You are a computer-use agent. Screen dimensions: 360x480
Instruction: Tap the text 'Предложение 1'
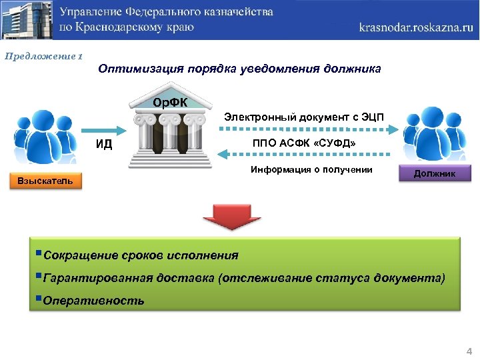(43, 57)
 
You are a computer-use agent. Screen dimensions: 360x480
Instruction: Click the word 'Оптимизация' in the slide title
(137, 69)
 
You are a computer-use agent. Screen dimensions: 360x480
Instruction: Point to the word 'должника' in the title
(353, 69)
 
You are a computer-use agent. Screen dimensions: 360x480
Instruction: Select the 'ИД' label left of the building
(104, 144)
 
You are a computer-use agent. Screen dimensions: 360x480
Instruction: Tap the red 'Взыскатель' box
(45, 181)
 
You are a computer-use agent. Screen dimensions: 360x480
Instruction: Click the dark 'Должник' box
(435, 174)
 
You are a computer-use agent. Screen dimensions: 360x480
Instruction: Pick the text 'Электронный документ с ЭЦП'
(304, 117)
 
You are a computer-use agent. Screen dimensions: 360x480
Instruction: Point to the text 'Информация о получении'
(311, 169)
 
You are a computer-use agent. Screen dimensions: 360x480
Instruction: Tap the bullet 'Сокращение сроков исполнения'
(140, 255)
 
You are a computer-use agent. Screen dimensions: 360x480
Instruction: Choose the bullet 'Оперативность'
(93, 300)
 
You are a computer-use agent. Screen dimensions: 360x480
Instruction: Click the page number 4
(469, 351)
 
